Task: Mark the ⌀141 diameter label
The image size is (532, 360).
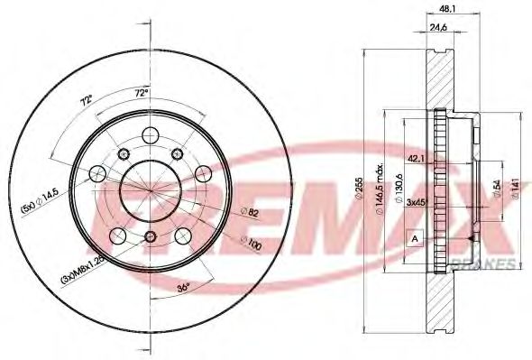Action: click(512, 188)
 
